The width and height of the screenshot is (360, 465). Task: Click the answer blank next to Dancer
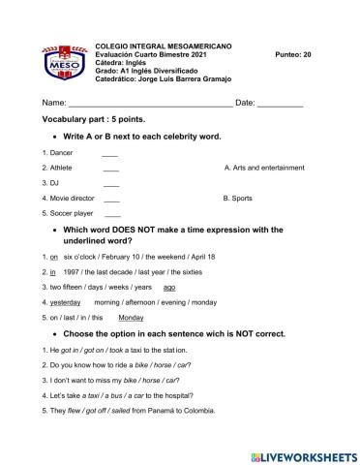pos(109,153)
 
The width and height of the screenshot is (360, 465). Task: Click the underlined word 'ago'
pos(169,287)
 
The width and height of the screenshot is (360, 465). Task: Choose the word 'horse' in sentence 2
pos(162,364)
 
